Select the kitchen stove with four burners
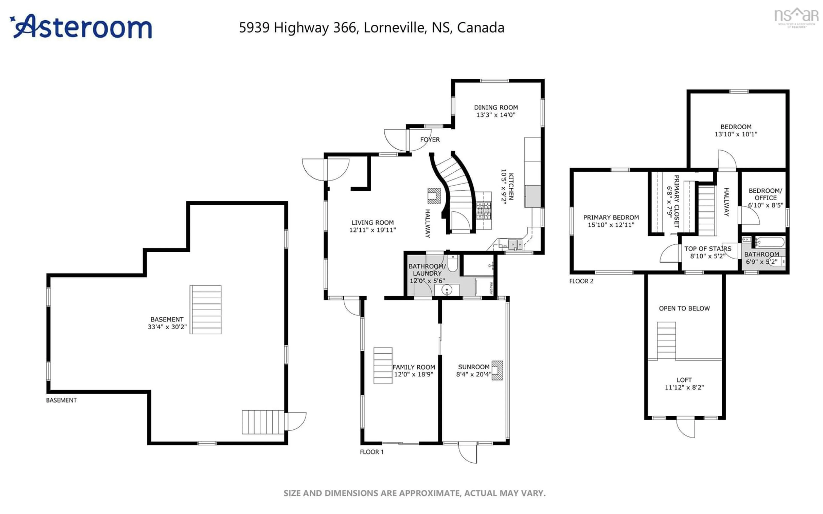pyautogui.click(x=483, y=211)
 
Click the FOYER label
pyautogui.click(x=430, y=140)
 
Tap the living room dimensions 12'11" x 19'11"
pyautogui.click(x=372, y=230)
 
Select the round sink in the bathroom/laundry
pyautogui.click(x=446, y=290)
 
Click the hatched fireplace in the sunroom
pyautogui.click(x=497, y=370)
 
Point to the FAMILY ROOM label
pyautogui.click(x=414, y=367)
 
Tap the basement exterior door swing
pyautogui.click(x=296, y=421)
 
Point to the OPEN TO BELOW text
pyautogui.click(x=684, y=308)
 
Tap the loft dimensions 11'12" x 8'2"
pyautogui.click(x=684, y=387)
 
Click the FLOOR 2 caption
pyautogui.click(x=581, y=281)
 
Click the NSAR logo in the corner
pyautogui.click(x=796, y=17)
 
